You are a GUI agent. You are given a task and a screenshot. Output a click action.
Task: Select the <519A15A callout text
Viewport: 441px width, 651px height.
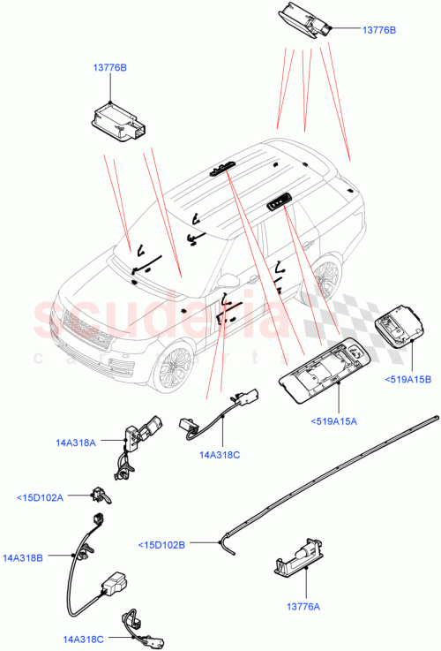[333, 420]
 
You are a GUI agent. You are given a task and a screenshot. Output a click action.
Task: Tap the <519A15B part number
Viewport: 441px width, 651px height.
[408, 380]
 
